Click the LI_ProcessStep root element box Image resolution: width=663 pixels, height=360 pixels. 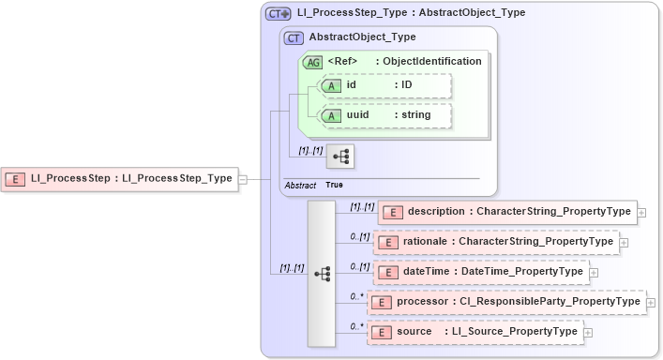click(x=120, y=177)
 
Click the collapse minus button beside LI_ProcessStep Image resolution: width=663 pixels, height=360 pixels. click(x=243, y=177)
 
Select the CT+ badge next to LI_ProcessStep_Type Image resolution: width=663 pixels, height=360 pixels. click(x=279, y=13)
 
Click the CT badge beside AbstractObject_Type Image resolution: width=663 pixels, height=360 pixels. click(x=294, y=37)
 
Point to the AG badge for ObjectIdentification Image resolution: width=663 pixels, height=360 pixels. click(x=312, y=62)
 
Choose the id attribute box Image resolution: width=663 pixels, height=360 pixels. click(x=385, y=86)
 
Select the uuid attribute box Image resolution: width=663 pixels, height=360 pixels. click(x=385, y=115)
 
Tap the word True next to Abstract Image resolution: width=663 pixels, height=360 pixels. click(x=334, y=185)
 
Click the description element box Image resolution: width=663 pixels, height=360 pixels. click(x=506, y=212)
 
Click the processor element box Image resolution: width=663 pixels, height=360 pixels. click(x=506, y=302)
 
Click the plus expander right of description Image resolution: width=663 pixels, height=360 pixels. click(x=641, y=213)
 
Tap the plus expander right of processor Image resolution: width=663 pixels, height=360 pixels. click(x=652, y=303)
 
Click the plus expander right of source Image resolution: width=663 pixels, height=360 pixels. click(x=588, y=332)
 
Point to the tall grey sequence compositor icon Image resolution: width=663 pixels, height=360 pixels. click(x=322, y=273)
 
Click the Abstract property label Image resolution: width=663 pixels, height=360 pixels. click(x=300, y=185)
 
